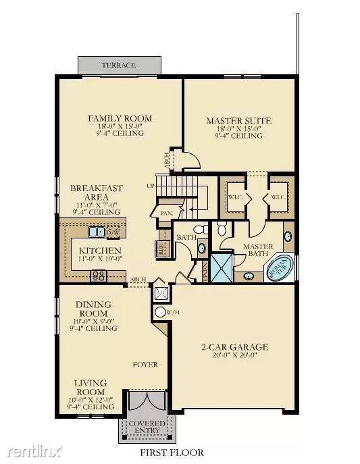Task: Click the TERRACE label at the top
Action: pos(119,66)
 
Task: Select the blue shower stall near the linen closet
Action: pos(222,267)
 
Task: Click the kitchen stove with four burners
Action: pos(99,275)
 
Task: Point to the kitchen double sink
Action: pos(96,232)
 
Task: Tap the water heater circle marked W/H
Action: pos(161,312)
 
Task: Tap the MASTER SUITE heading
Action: pos(238,121)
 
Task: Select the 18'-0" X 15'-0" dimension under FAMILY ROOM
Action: pos(120,126)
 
